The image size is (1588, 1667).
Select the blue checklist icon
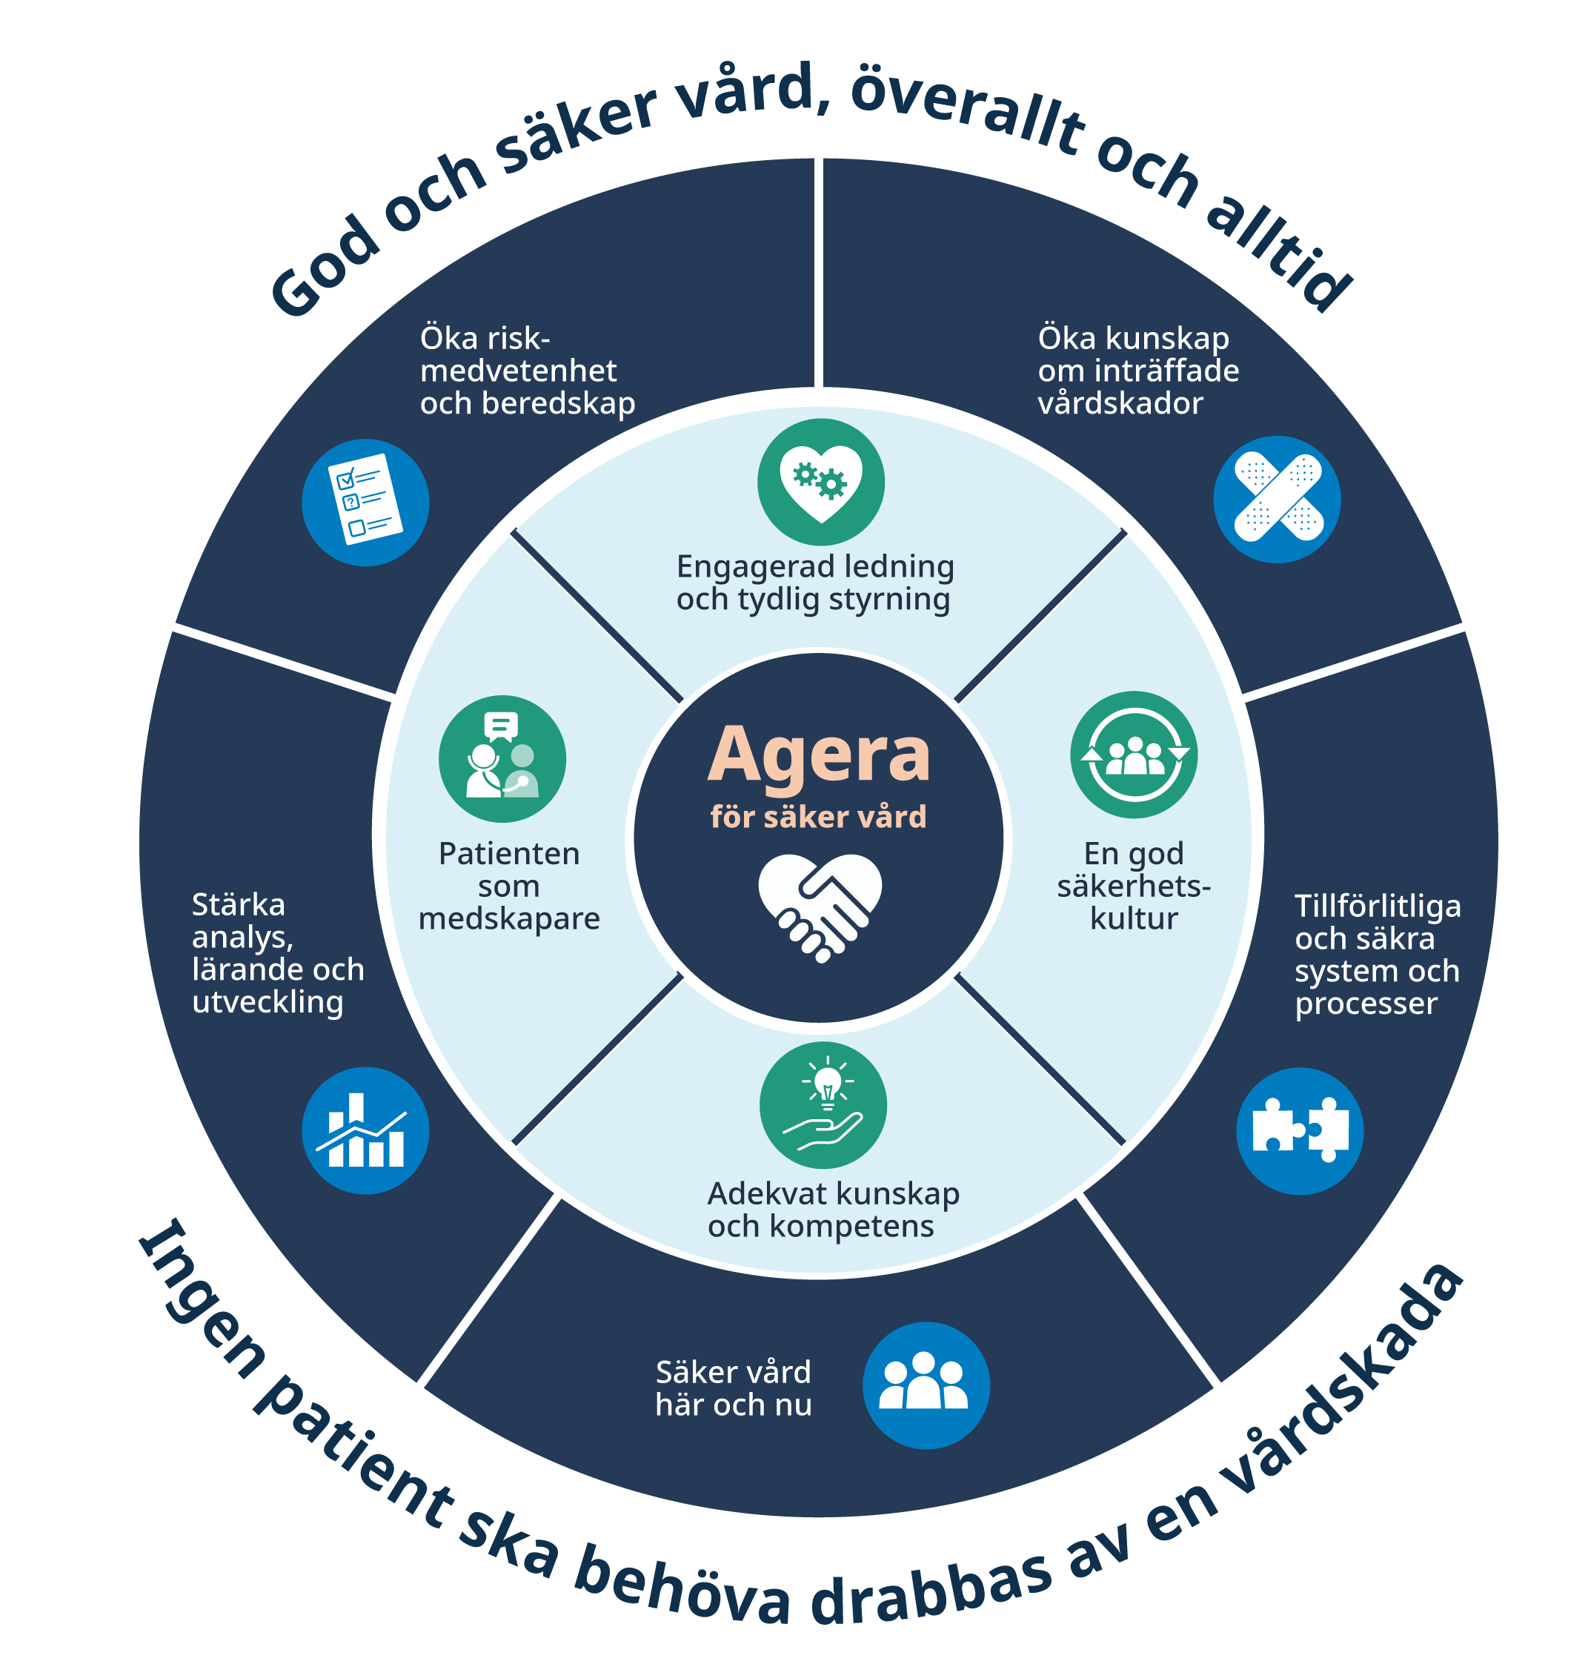[x=365, y=502]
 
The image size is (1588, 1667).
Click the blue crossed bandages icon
[x=1278, y=499]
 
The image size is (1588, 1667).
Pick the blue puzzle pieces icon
[x=1300, y=1130]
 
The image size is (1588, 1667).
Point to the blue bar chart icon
[x=365, y=1130]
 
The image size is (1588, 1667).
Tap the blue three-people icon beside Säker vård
[x=926, y=1385]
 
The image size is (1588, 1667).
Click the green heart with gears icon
[x=820, y=482]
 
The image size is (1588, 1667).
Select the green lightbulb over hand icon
[x=823, y=1106]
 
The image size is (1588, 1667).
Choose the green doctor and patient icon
[x=502, y=758]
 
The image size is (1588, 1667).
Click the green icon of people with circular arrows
[x=1134, y=755]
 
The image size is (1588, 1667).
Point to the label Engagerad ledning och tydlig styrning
[x=815, y=583]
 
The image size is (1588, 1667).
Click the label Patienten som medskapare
[x=509, y=886]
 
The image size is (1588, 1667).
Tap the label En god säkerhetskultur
[x=1134, y=886]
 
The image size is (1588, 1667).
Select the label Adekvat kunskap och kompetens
[x=833, y=1210]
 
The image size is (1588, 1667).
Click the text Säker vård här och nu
[x=733, y=1388]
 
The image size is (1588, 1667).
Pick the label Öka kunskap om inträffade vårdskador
[x=1137, y=370]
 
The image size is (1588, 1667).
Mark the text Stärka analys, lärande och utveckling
[x=278, y=952]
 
